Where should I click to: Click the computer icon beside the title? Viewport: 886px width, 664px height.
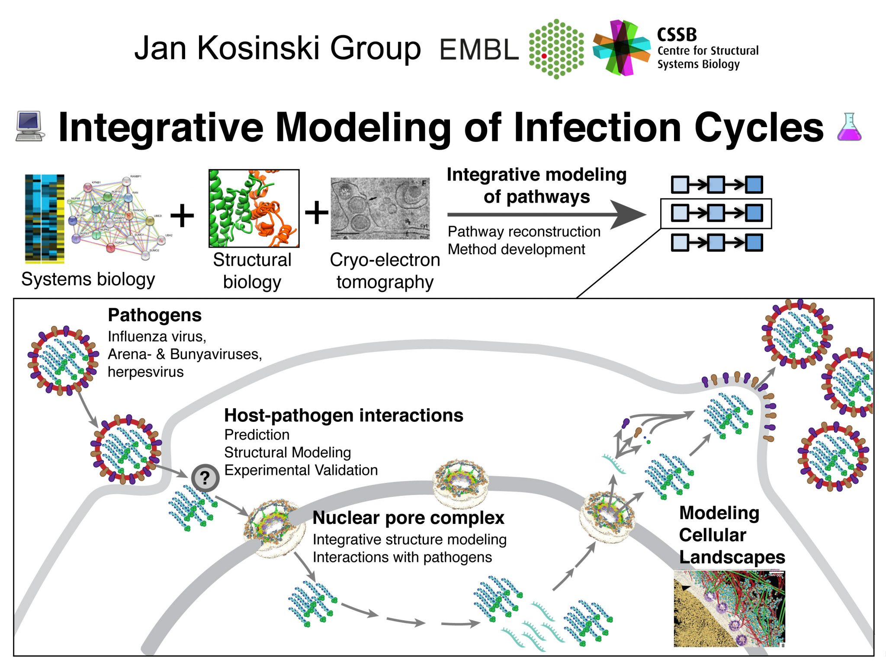[30, 126]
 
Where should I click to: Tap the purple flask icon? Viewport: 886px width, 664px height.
[849, 127]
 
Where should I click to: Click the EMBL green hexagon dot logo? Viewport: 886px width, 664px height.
[556, 49]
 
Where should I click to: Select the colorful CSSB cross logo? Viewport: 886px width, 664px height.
[621, 48]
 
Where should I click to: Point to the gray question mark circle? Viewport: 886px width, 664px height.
[205, 478]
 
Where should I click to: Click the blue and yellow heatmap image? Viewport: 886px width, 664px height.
[45, 219]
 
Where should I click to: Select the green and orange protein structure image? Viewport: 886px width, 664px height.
[254, 208]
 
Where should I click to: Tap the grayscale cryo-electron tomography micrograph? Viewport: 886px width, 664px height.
[380, 208]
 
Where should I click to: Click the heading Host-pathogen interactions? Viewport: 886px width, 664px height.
[343, 415]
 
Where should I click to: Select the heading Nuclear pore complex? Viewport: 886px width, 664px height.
[408, 518]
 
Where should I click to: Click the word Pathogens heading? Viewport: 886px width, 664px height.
[154, 315]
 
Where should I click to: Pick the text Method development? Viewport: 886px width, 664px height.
[516, 249]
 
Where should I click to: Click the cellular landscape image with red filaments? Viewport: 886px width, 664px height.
[729, 609]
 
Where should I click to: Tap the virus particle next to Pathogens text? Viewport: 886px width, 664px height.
[63, 361]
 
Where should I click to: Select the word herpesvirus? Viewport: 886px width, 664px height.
[145, 372]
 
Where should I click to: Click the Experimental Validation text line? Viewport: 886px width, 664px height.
[301, 470]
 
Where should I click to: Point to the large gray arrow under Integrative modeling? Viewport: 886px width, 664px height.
[545, 214]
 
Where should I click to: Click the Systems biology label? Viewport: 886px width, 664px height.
[88, 279]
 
